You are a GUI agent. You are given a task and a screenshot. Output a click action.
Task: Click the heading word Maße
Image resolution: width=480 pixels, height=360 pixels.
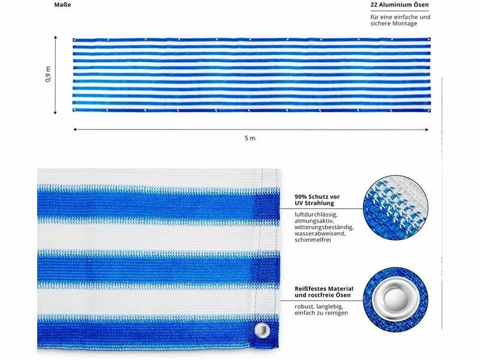click(x=62, y=5)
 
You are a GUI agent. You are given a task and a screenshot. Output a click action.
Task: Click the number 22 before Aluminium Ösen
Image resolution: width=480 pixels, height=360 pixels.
click(x=374, y=5)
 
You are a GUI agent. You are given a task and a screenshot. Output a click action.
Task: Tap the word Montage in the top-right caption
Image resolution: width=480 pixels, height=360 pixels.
click(x=406, y=23)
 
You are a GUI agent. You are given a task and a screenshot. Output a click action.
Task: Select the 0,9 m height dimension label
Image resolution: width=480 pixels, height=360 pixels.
click(x=48, y=74)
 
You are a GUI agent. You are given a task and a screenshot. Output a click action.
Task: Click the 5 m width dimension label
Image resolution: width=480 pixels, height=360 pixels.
click(x=250, y=139)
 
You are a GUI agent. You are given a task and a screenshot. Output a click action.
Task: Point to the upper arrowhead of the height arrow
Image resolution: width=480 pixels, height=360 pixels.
click(x=55, y=38)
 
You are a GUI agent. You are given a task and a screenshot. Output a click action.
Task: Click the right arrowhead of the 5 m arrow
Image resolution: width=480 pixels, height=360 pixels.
click(x=427, y=130)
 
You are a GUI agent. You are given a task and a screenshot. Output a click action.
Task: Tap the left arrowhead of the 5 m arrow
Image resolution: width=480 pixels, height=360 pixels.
click(x=75, y=130)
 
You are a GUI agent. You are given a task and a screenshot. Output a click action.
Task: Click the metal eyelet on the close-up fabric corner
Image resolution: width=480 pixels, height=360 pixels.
click(x=262, y=331)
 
